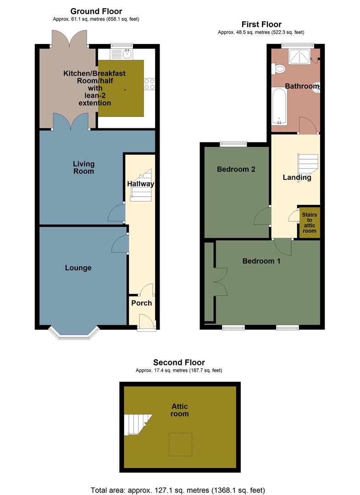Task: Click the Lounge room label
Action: tap(78, 268)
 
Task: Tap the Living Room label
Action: tap(83, 167)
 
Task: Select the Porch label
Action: tap(141, 303)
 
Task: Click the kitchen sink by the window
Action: tap(122, 54)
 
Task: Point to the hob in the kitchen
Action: tap(150, 84)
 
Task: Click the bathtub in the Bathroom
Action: tap(279, 106)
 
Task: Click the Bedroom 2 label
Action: tap(236, 169)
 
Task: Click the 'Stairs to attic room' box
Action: tap(309, 223)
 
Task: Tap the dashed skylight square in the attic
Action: tap(180, 444)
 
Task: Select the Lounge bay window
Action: tap(74, 333)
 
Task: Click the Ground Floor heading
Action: tap(96, 11)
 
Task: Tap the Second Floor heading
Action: tap(179, 363)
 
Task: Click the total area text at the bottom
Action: tap(179, 489)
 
